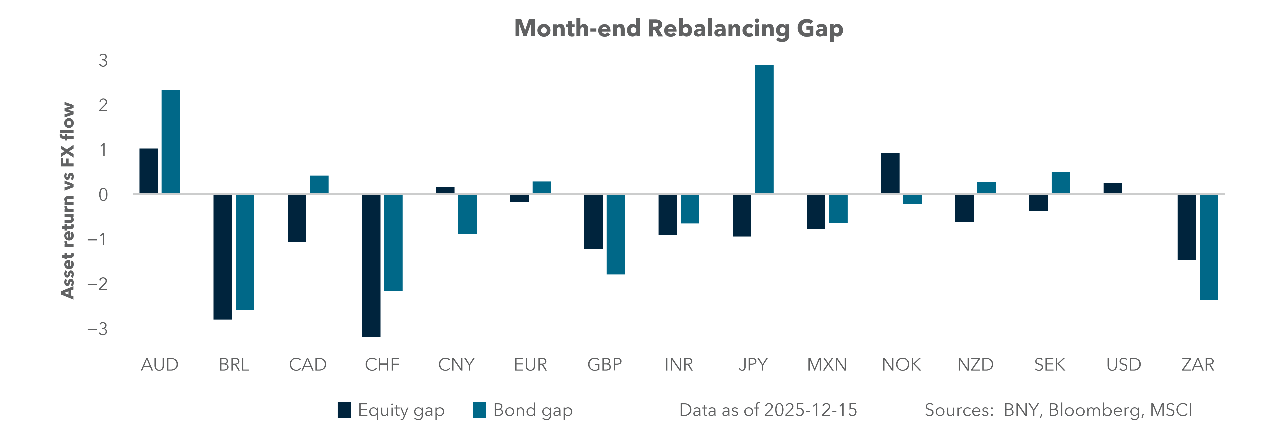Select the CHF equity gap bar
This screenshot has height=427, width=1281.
(x=371, y=265)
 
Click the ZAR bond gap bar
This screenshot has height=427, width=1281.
(x=1209, y=247)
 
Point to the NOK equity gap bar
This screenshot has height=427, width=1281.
(x=890, y=173)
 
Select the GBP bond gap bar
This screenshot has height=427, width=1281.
(x=616, y=234)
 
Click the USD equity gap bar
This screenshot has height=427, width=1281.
(x=1112, y=188)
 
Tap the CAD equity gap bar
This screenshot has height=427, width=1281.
(x=297, y=218)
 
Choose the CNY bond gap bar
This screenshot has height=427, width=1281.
(x=467, y=214)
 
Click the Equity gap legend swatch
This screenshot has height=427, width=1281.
(x=344, y=410)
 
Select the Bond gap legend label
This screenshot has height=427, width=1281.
(x=533, y=410)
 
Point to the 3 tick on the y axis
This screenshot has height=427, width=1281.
(x=103, y=61)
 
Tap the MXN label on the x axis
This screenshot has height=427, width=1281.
(x=826, y=365)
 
